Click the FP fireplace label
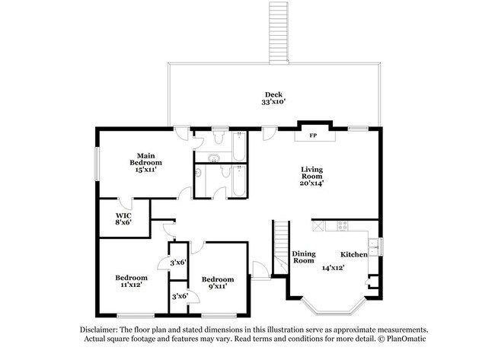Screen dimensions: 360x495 pyautogui.click(x=312, y=136)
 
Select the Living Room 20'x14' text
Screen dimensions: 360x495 pyautogui.click(x=312, y=176)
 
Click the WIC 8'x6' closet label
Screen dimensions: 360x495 pyautogui.click(x=124, y=218)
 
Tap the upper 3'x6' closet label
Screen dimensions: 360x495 pyautogui.click(x=179, y=263)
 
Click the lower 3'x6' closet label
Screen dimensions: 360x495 pyautogui.click(x=179, y=296)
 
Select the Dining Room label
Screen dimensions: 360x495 pyautogui.click(x=304, y=257)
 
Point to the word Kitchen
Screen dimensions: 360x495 pyautogui.click(x=353, y=254)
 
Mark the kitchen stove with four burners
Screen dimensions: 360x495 pyautogui.click(x=341, y=226)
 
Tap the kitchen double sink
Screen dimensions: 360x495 pyautogui.click(x=373, y=245)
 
